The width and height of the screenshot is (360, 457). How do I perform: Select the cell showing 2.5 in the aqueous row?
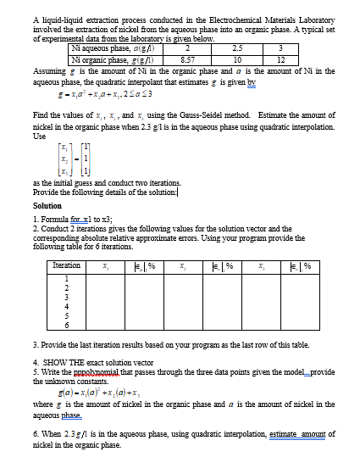pos(237,51)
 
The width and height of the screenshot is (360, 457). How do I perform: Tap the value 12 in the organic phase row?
pos(281,60)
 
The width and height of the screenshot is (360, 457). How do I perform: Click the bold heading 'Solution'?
pos(47,205)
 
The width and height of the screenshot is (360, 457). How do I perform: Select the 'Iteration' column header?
pos(66,266)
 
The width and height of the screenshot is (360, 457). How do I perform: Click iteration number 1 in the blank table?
pos(66,281)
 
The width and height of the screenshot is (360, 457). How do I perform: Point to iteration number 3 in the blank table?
pos(66,298)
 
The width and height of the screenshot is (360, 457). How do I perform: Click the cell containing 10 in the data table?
pos(237,60)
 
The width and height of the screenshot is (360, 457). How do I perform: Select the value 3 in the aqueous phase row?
pos(281,51)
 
